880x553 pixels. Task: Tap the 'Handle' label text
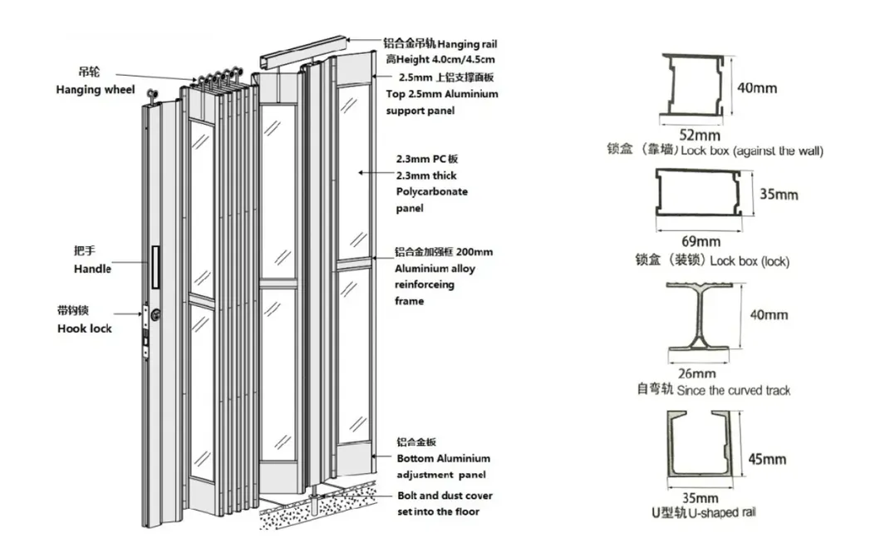[92, 269]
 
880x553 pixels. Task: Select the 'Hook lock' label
[84, 328]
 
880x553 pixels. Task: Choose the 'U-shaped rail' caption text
[714, 513]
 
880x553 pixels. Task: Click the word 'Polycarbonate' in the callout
[432, 192]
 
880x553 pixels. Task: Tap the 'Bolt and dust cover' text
[444, 496]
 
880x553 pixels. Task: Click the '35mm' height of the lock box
[779, 195]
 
